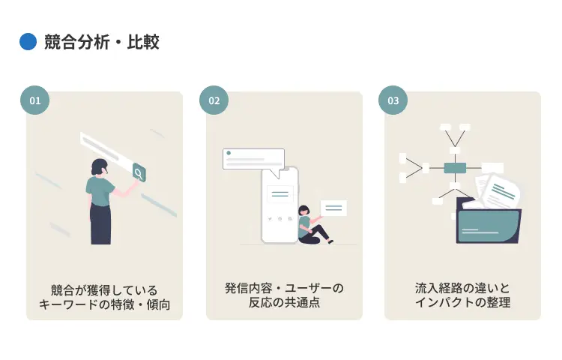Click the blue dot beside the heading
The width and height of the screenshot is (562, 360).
28,42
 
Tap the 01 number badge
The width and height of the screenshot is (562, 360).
34,100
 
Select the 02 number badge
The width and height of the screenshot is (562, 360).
214,100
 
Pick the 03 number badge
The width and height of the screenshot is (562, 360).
393,100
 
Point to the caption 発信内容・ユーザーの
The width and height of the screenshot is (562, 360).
284,289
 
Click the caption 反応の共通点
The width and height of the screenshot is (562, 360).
284,304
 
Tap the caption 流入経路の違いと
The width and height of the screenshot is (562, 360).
462,289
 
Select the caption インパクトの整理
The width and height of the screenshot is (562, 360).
462,304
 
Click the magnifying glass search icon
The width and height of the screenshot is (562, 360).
139,173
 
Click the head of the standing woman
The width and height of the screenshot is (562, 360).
100,166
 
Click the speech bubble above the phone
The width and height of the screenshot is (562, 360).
254,160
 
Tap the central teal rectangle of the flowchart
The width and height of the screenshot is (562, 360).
455,168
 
